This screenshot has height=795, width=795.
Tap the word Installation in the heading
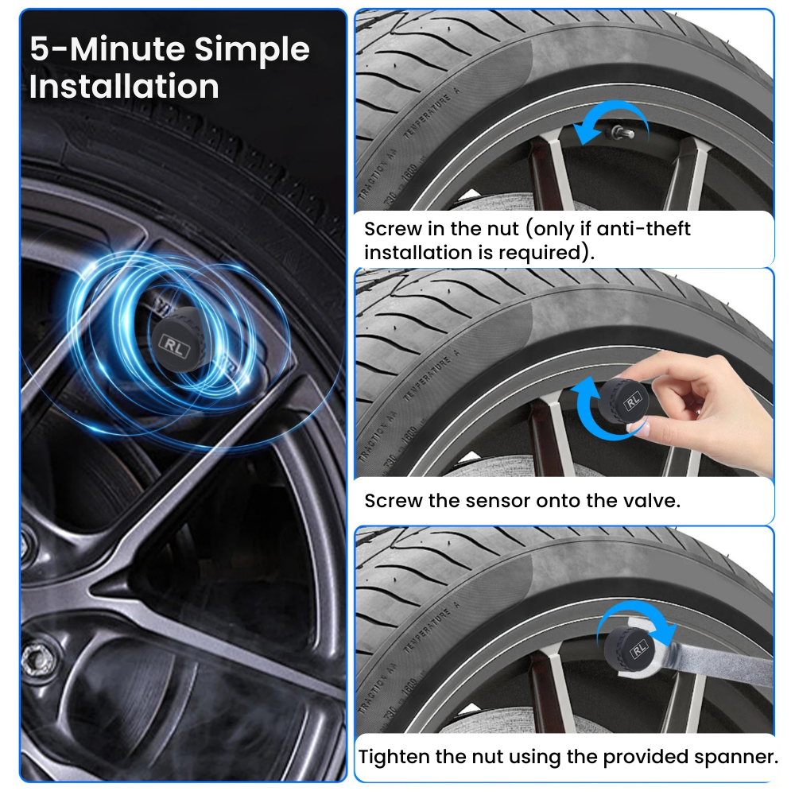[x=124, y=87]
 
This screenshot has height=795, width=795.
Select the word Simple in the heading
[x=252, y=49]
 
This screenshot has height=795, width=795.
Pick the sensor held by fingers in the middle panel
[x=624, y=401]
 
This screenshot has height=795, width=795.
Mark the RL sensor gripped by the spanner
[x=633, y=648]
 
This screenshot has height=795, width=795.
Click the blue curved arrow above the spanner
[x=636, y=615]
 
